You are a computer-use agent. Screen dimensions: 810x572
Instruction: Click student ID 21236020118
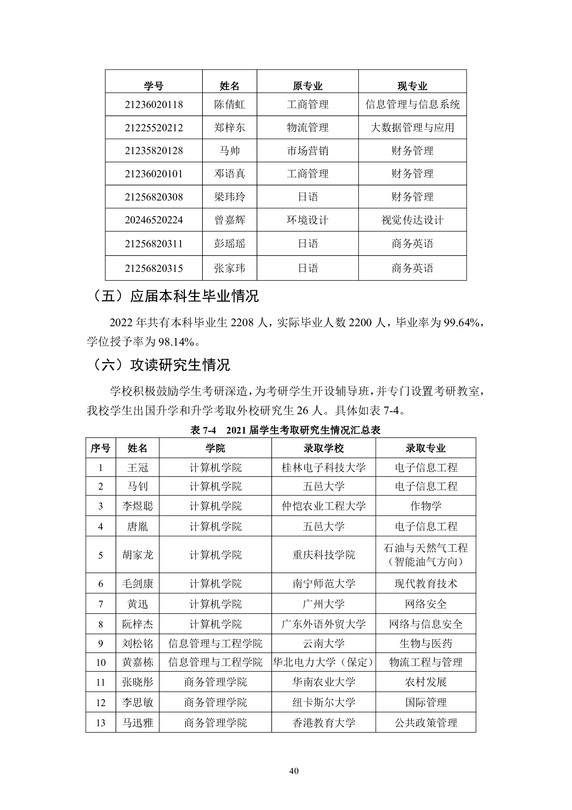[154, 105]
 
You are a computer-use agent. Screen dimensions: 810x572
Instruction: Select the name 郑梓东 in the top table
[229, 127]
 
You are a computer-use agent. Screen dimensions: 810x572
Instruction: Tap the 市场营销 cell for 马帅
[308, 151]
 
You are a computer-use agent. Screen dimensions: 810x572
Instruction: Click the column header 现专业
[412, 86]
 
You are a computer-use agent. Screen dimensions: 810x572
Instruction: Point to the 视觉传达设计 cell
[412, 220]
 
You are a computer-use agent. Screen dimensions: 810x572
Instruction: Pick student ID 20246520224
[154, 220]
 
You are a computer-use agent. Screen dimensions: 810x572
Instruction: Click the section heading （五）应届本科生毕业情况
[175, 296]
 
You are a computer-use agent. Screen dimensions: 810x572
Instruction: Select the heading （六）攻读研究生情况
[161, 365]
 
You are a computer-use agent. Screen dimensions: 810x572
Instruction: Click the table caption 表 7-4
[203, 430]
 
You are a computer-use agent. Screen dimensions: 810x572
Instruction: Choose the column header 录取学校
[324, 448]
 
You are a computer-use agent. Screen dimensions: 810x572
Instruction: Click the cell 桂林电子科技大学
[324, 468]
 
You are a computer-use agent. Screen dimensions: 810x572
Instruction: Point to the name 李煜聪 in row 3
[137, 506]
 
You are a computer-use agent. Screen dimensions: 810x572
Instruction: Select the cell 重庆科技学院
[324, 555]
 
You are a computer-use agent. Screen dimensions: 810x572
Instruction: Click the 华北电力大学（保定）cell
[324, 662]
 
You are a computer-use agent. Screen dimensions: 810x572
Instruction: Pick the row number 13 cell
[101, 723]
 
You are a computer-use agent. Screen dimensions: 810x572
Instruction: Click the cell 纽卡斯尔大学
[324, 702]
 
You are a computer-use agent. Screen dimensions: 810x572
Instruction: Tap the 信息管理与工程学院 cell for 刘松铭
[215, 643]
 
